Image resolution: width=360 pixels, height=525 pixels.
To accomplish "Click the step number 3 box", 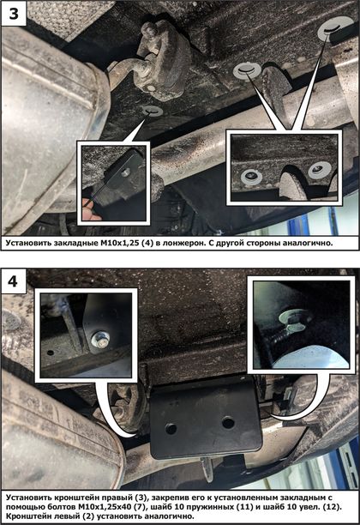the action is (14, 14).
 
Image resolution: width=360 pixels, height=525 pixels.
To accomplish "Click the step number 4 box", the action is (14, 281).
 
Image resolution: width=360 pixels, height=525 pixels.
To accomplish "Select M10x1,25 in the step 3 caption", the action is (119, 243).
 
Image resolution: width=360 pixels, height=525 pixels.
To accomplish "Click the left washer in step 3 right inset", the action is (250, 176).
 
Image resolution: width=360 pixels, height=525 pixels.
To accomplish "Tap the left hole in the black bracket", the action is (171, 428).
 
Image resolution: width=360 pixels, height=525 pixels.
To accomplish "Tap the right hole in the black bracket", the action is (228, 422).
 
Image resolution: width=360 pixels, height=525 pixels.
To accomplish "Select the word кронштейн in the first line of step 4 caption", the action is (73, 498).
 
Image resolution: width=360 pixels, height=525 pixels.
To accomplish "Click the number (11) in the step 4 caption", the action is (246, 507).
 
